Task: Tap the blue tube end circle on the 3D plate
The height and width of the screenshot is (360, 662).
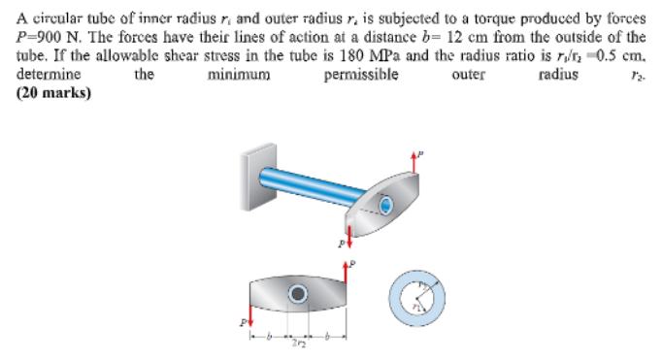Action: coord(386,205)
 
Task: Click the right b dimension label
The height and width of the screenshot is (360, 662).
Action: coord(328,336)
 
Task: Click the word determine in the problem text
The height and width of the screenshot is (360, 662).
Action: coord(50,75)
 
